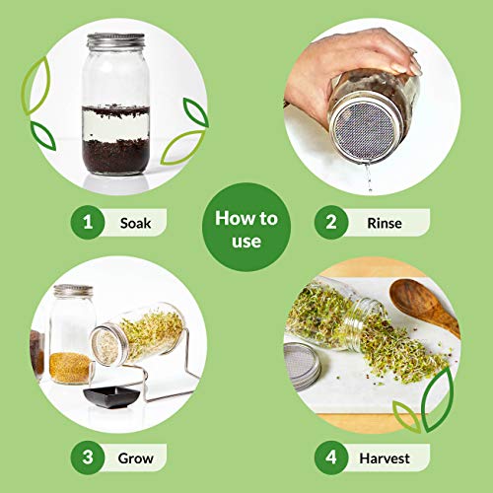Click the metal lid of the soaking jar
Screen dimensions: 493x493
tap(115, 40)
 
